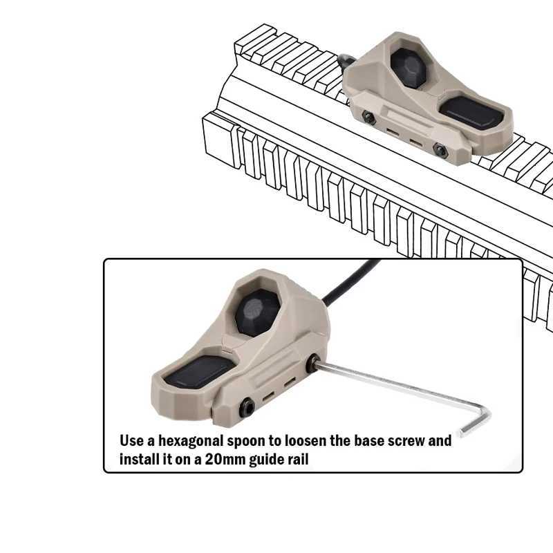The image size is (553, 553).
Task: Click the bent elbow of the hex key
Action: click(x=485, y=413)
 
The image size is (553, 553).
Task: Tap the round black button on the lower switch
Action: click(x=257, y=312)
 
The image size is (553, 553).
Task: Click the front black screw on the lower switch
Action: click(x=247, y=408)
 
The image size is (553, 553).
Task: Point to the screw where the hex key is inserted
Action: click(x=312, y=364)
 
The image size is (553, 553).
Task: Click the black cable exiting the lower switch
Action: click(x=349, y=282)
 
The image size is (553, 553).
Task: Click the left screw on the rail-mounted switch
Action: click(x=368, y=118)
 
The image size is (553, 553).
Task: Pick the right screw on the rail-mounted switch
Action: click(x=440, y=151)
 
